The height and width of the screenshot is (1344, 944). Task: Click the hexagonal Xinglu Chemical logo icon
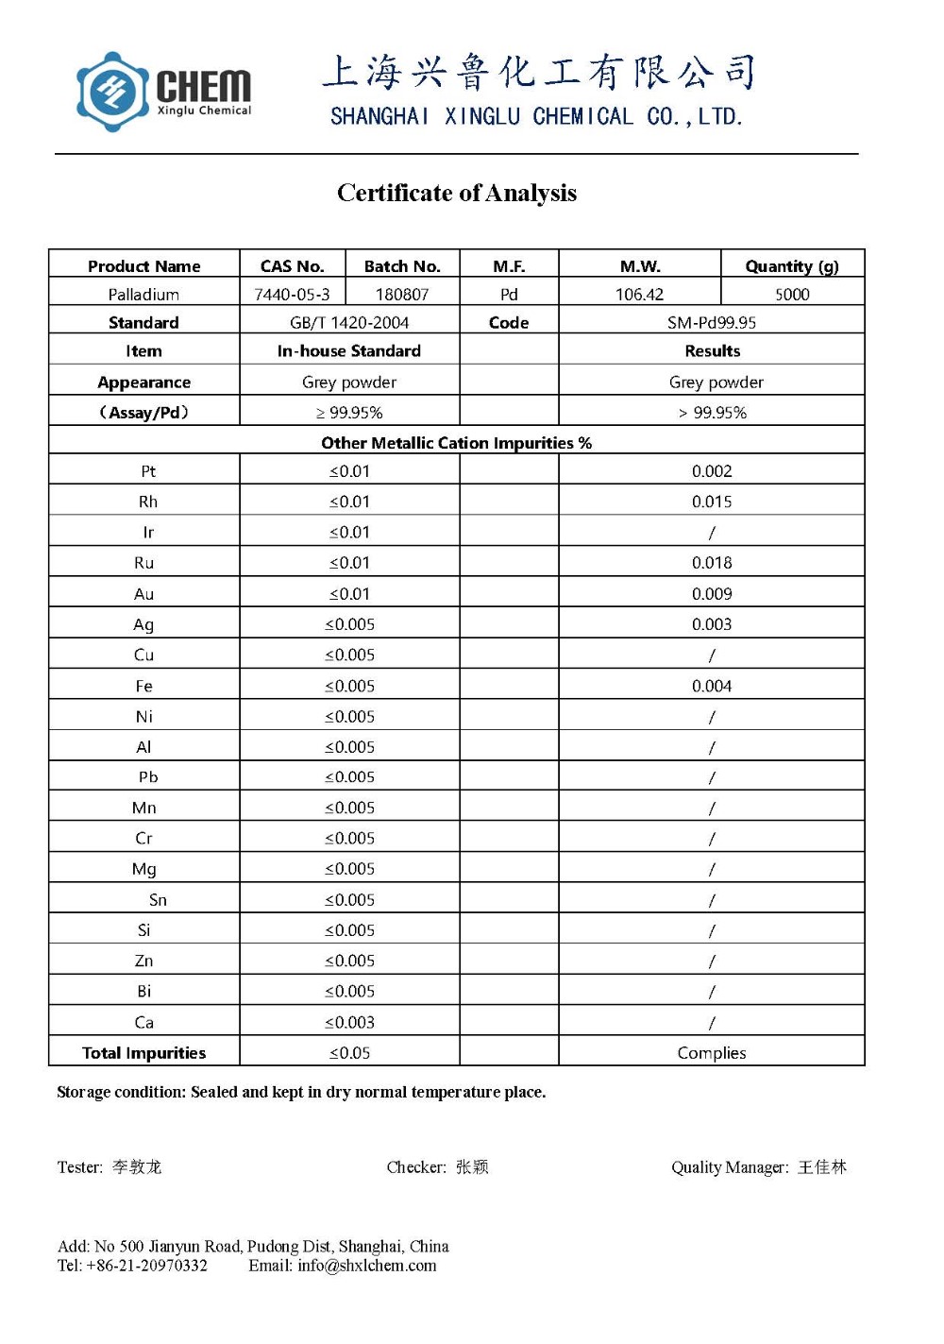pyautogui.click(x=112, y=92)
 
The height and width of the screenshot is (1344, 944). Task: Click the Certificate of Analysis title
pyautogui.click(x=457, y=193)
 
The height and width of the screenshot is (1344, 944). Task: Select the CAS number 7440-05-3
pyautogui.click(x=292, y=295)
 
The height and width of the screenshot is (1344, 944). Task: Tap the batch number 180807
pyautogui.click(x=402, y=295)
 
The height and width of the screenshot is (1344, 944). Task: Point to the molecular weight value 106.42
pyautogui.click(x=639, y=295)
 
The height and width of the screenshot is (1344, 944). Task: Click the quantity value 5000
pyautogui.click(x=792, y=295)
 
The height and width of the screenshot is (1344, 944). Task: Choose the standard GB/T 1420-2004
pyautogui.click(x=349, y=323)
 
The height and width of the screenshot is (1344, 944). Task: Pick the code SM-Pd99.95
pyautogui.click(x=711, y=323)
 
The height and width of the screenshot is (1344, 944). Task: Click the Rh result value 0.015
pyautogui.click(x=712, y=502)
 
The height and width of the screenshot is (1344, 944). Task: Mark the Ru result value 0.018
pyautogui.click(x=712, y=563)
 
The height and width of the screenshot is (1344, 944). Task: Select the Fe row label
pyautogui.click(x=143, y=686)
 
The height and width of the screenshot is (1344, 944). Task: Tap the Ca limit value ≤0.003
pyautogui.click(x=349, y=1022)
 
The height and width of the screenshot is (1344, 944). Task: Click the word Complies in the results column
pyautogui.click(x=712, y=1053)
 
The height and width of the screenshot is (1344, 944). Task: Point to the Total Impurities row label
pyautogui.click(x=143, y=1053)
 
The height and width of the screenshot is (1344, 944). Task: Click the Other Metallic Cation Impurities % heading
pyautogui.click(x=456, y=443)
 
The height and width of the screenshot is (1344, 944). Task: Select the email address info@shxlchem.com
pyautogui.click(x=366, y=1266)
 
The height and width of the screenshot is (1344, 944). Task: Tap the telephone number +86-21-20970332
pyautogui.click(x=146, y=1266)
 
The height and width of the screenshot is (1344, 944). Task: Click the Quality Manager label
pyautogui.click(x=730, y=1167)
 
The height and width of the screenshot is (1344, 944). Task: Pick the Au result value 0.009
pyautogui.click(x=712, y=594)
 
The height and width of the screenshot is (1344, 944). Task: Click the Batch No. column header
pyautogui.click(x=402, y=266)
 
